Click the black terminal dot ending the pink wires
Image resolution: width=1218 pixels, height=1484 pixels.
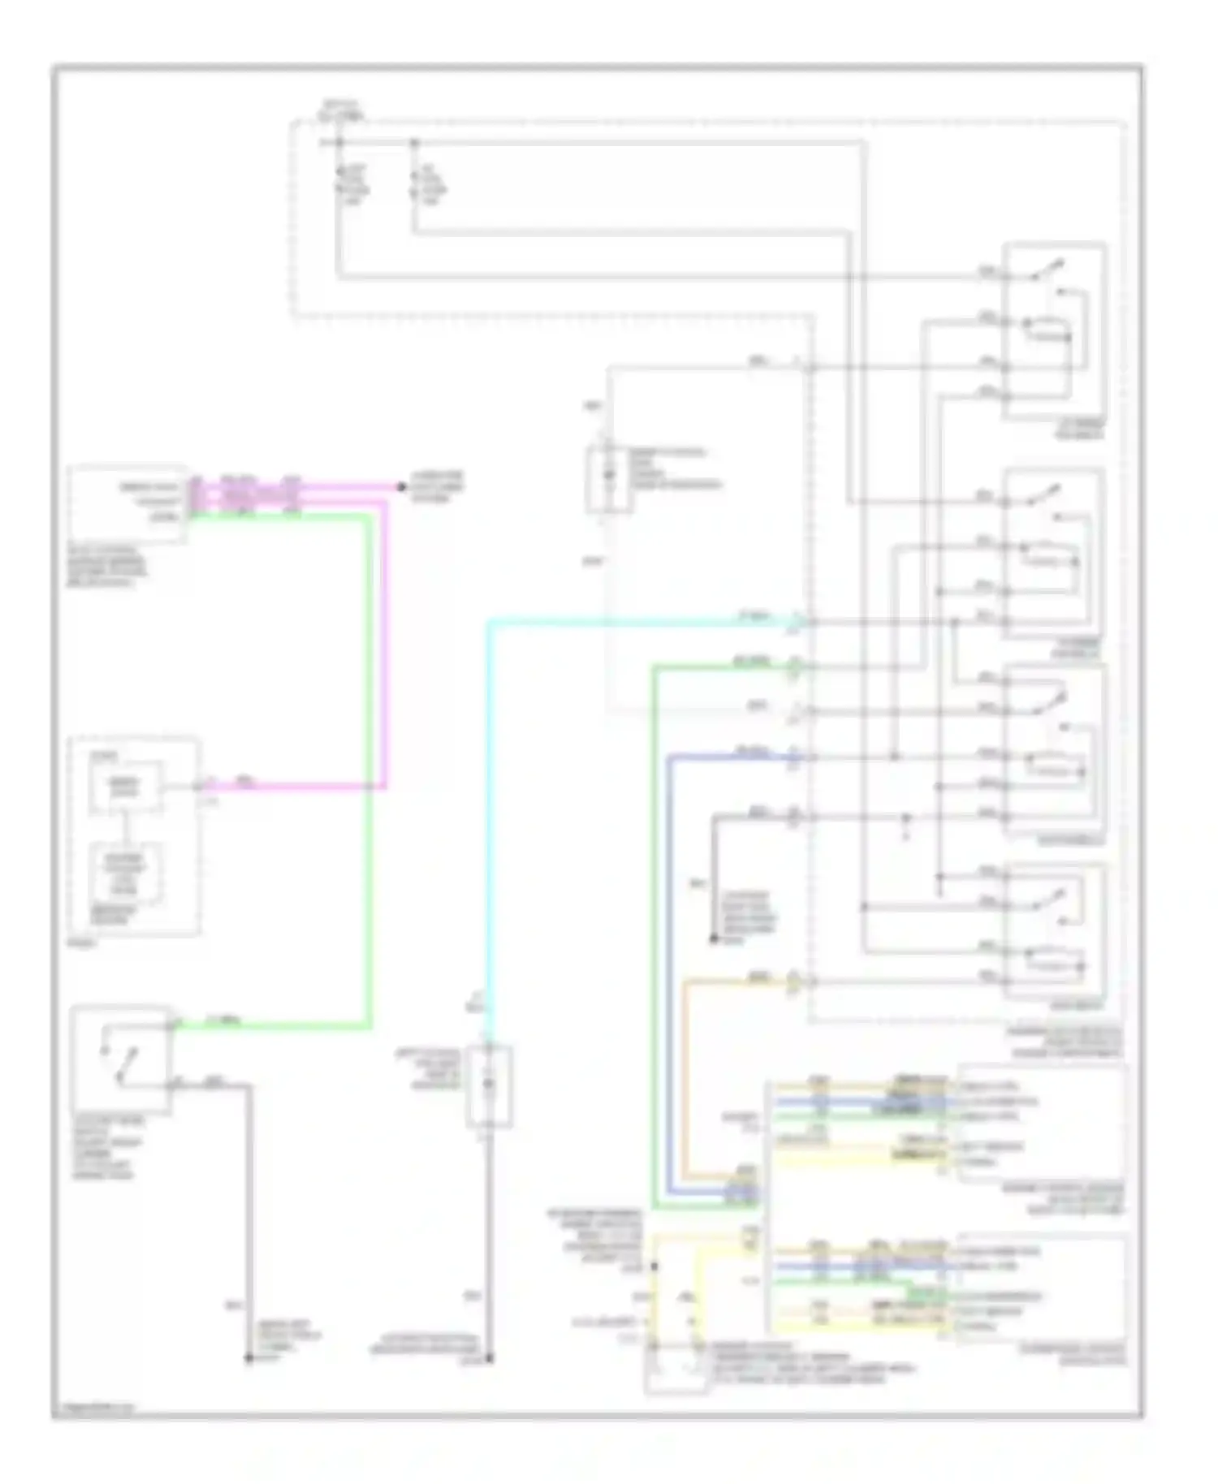[x=400, y=487]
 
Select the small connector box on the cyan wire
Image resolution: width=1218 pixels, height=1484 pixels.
[x=488, y=1085]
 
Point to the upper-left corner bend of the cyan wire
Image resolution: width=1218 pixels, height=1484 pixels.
[x=490, y=623]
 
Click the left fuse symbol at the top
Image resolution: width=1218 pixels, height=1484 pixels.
[x=339, y=183]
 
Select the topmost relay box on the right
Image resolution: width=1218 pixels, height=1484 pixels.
[x=1053, y=330]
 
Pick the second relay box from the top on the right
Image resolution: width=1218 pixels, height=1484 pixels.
[x=1053, y=552]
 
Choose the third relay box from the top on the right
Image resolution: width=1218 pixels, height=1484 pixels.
[x=1054, y=748]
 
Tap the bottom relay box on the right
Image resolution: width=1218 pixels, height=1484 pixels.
[x=1054, y=931]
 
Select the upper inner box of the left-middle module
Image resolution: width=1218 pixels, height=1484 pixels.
[x=126, y=786]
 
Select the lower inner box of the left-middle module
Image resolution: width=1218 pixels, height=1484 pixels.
[x=126, y=875]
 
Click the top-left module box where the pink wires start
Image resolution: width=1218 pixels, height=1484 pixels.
[x=127, y=503]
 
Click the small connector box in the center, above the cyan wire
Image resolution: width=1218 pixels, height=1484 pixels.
[x=609, y=480]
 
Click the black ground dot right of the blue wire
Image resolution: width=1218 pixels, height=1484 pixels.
[x=714, y=940]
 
